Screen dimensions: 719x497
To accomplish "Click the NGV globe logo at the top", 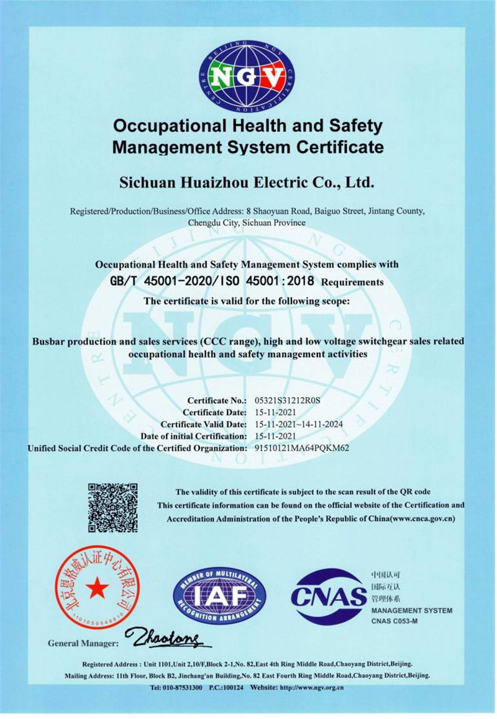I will pos(247,77).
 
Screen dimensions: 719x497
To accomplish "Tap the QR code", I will pos(112,507).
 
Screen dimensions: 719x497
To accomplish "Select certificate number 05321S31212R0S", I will pos(288,400).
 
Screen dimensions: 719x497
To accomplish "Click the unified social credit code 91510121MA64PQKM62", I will pos(303,447).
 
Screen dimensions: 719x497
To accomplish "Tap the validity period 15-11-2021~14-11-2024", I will pos(299,424).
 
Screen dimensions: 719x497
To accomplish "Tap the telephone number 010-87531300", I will pos(176,688).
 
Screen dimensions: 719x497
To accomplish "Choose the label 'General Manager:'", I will pos(83,643).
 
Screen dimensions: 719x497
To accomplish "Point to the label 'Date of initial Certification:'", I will pos(194,436).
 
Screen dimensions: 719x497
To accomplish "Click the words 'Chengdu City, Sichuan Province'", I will pos(247,222).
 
